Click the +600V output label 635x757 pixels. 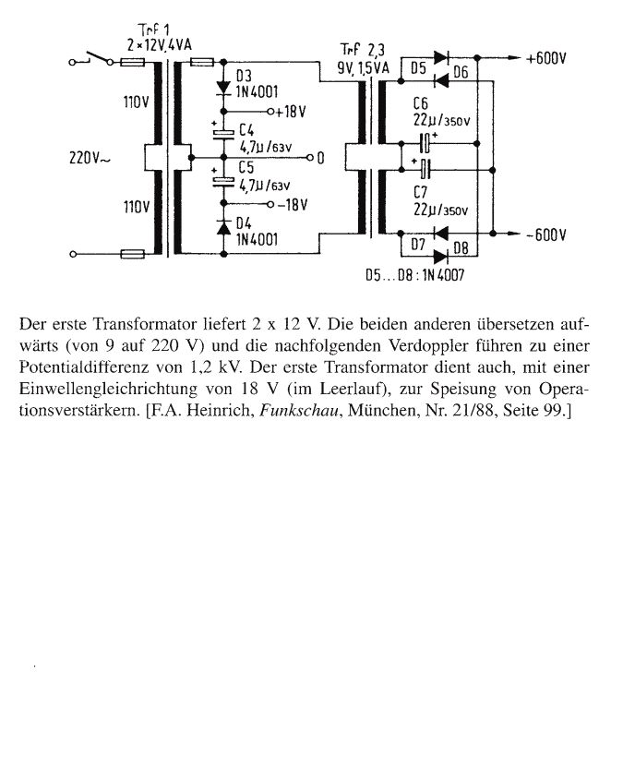tap(545, 57)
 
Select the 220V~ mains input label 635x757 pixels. tap(90, 158)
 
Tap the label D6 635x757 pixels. tap(461, 73)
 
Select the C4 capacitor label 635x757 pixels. tap(246, 128)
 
